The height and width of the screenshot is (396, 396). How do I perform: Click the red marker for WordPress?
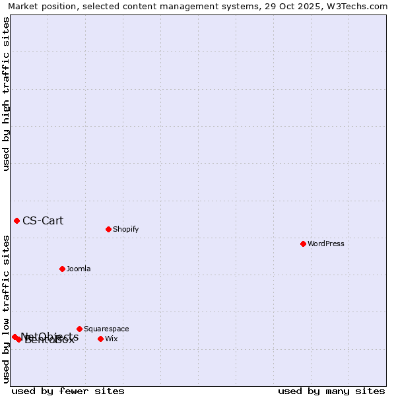coord(303,244)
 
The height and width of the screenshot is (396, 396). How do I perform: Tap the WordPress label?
coord(326,244)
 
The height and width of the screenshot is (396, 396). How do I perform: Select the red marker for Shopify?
coord(108,229)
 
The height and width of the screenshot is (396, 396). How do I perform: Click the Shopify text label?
coord(126,229)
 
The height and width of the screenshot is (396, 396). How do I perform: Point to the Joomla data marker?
coord(62,269)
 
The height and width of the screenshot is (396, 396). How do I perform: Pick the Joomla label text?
coord(79,269)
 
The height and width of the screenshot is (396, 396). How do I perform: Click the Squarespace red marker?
coord(79,329)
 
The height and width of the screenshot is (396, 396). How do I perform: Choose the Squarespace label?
coord(106,329)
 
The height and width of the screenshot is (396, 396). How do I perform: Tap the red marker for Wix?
coord(100,339)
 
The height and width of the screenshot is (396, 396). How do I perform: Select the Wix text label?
coord(112,339)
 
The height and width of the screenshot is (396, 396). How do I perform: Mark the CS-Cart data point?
coord(16,220)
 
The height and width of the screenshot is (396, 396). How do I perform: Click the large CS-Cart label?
coord(43,220)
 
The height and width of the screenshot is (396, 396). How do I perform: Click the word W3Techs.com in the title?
coord(359,7)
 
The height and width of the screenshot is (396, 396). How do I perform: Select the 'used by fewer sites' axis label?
coord(68,391)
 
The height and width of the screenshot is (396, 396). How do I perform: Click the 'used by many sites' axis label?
coord(331,391)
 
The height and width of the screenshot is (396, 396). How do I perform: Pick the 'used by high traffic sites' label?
coord(7,94)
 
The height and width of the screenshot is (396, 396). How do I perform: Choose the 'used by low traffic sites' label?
coord(7,309)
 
